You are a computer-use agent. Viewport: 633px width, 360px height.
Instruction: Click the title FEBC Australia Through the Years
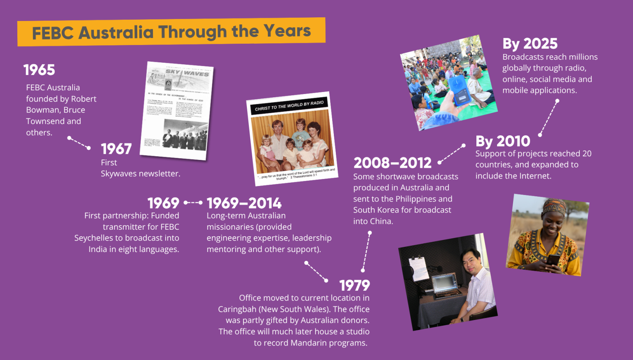tap(171, 32)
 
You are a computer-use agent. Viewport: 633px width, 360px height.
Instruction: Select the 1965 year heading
tap(39, 70)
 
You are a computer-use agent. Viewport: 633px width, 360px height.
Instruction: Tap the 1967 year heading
tap(116, 149)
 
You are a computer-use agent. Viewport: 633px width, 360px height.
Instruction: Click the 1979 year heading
tap(354, 285)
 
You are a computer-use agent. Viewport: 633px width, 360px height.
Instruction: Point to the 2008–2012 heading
tap(392, 163)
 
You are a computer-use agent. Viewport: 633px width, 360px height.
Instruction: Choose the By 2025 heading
tap(530, 44)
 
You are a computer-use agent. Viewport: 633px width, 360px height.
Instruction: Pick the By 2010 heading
tap(502, 141)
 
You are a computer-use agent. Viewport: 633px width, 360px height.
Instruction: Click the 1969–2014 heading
tap(244, 203)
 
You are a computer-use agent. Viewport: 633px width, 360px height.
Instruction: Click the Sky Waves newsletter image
tap(176, 111)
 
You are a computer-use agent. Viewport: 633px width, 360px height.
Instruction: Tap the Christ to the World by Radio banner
tap(289, 106)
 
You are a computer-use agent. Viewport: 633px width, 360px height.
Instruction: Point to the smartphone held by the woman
tap(553, 260)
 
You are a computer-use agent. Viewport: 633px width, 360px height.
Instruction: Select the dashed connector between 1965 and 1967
tap(79, 143)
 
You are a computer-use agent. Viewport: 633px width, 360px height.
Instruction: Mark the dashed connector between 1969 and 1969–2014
tap(193, 202)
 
